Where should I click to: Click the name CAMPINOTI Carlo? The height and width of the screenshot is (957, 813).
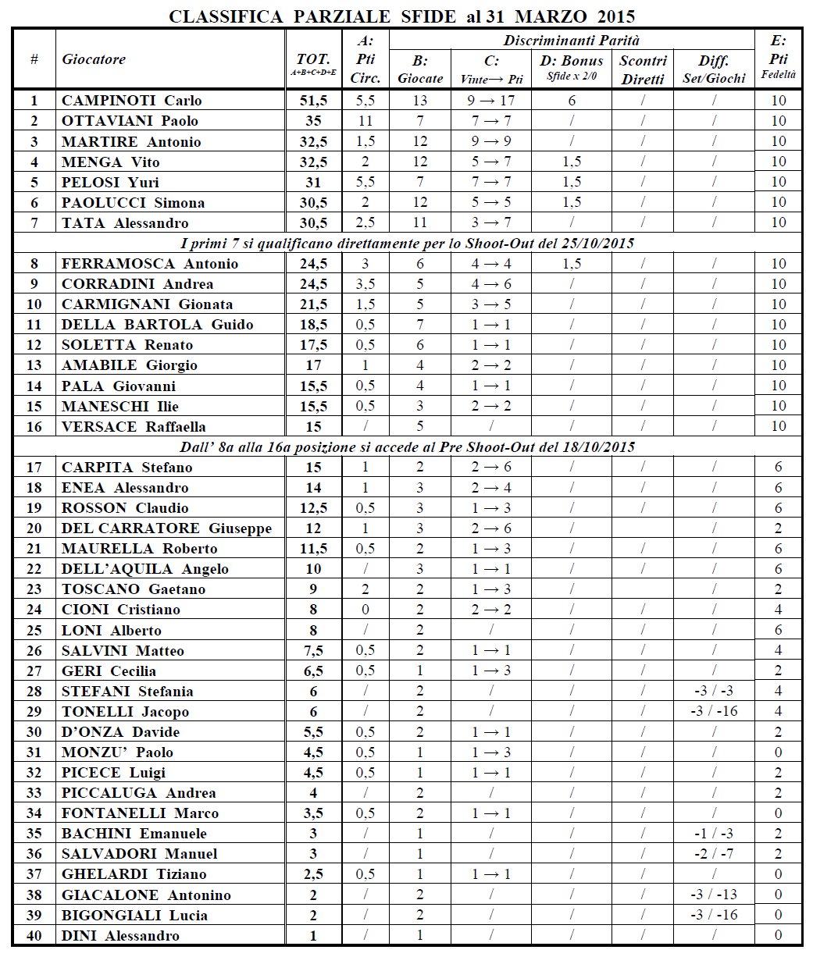click(131, 100)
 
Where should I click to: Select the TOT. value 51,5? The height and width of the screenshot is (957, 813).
click(313, 100)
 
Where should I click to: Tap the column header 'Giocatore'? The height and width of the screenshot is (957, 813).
click(94, 59)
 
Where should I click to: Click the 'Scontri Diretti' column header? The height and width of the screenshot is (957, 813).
click(644, 69)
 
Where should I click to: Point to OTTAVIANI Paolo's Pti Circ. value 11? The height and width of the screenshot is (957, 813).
click(365, 120)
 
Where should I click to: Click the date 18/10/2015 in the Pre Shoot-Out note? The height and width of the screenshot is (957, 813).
click(597, 446)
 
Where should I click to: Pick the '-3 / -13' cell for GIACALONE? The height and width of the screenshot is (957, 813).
click(715, 895)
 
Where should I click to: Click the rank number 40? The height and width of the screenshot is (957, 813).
click(34, 935)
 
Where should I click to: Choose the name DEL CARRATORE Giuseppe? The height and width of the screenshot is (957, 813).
click(166, 528)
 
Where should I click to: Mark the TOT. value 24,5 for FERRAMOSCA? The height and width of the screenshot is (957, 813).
click(313, 263)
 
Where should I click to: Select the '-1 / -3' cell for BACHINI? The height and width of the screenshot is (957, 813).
click(715, 833)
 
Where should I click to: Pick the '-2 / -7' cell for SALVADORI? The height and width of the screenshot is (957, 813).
click(715, 853)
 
